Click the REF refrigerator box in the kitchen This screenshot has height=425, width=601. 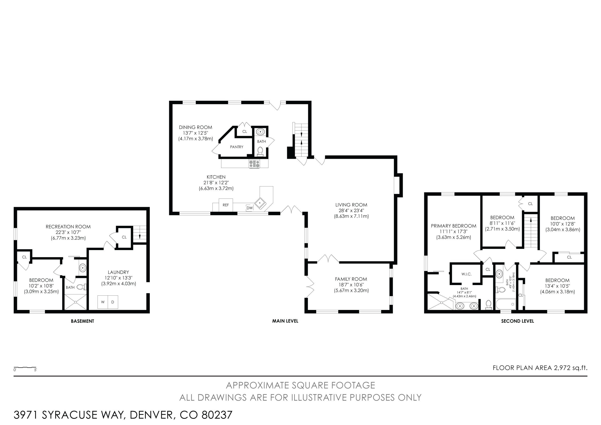pos(226,205)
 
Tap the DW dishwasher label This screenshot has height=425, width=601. pos(250,208)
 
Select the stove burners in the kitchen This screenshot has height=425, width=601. pos(255,164)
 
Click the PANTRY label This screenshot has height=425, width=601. pos(237,147)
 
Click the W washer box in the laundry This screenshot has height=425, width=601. pos(103,302)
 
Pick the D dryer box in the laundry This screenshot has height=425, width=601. pos(113,302)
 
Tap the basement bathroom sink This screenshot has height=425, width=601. pos(83,268)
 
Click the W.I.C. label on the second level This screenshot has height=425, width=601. pos(466,274)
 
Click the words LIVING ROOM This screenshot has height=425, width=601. pos(351,205)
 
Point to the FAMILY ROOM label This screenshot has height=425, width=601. pos(351,279)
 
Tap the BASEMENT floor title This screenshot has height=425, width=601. pos(82,321)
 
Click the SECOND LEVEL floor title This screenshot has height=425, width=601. pos(517,321)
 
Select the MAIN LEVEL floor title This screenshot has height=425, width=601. pos(285,321)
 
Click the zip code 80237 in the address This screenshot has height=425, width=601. pos(217,415)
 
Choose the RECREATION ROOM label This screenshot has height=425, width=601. pos(68,227)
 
